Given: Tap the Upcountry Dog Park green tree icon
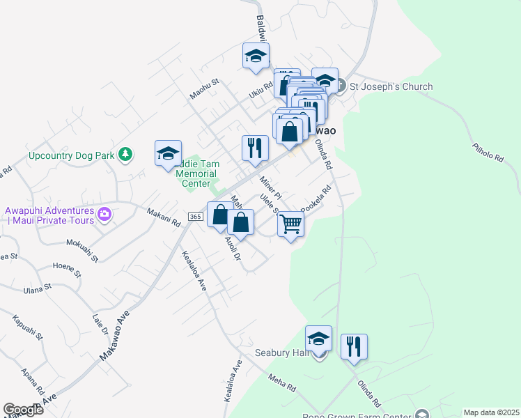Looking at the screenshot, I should tap(125, 154).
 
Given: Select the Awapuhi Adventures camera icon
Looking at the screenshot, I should tap(105, 214).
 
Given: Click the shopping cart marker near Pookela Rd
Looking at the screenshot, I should tap(290, 225).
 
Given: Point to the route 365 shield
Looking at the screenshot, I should tap(195, 217).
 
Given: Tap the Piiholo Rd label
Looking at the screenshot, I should tap(487, 153).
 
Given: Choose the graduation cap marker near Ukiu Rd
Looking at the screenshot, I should tap(256, 56).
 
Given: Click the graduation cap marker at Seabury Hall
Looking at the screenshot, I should tap(318, 339).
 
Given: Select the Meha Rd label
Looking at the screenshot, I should tap(282, 382).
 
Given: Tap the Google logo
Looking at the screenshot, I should tap(23, 410).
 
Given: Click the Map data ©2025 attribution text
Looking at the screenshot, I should tap(491, 412).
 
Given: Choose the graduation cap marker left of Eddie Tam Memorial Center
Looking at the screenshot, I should tap(168, 154).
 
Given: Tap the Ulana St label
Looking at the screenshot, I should tap(38, 287).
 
